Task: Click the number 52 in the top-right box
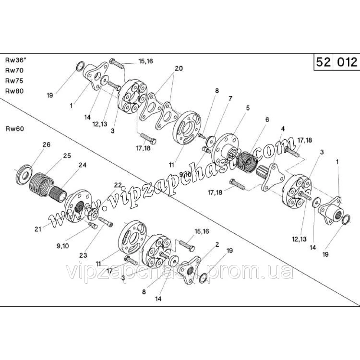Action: (323, 62)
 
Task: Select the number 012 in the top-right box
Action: (346, 62)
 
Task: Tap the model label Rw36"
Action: (14, 60)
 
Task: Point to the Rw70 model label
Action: (14, 70)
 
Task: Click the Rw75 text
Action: (14, 81)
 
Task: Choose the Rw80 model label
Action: (14, 91)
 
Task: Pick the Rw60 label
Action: (14, 129)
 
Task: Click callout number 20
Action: (179, 68)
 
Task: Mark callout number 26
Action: (46, 145)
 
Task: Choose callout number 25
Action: (67, 156)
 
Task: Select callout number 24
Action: (83, 166)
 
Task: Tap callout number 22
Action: (118, 185)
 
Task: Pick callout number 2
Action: (217, 244)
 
